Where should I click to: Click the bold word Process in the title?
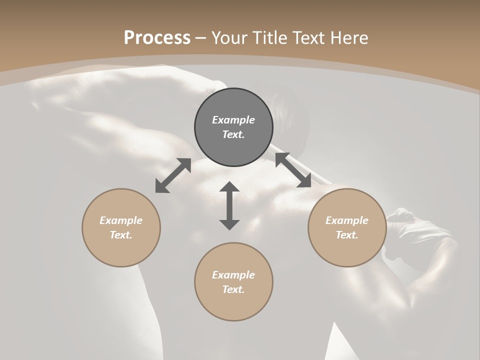pos(157,38)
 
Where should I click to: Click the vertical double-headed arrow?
pos(229,205)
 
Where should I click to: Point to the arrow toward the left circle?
pos(173,175)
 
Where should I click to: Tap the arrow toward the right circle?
pos(293,170)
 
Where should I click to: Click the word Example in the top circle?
pos(233,120)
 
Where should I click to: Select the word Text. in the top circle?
pos(233,134)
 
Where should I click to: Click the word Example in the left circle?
pos(121,220)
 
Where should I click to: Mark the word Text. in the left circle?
pos(121,235)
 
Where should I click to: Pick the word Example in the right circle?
pos(347,220)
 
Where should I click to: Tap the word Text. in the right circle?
pos(347,235)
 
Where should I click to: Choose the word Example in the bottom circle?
pos(233,275)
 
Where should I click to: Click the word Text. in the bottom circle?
pos(233,289)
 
